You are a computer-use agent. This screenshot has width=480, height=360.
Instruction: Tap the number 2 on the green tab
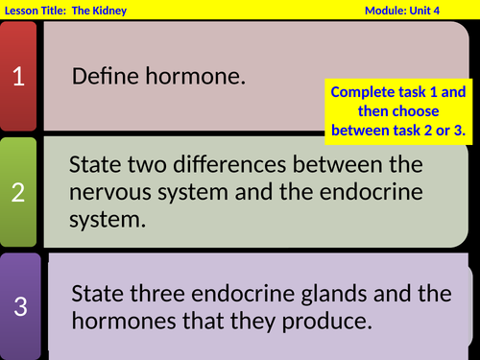point(19,191)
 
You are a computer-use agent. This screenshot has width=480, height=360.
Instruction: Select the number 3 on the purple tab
point(20,307)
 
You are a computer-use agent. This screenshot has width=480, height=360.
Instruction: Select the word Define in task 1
point(102,77)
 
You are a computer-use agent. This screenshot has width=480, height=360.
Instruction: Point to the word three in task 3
point(158,293)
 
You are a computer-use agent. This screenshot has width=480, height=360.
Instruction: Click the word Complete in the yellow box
point(362,93)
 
